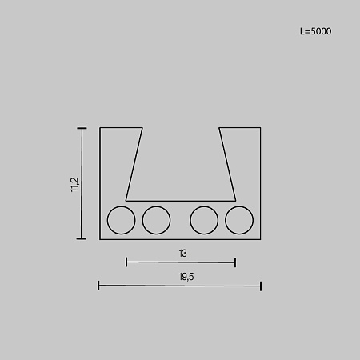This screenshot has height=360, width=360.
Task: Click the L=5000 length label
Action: pyautogui.click(x=315, y=31)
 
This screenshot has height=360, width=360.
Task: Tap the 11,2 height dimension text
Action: pyautogui.click(x=74, y=185)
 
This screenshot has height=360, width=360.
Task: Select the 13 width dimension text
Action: pyautogui.click(x=183, y=254)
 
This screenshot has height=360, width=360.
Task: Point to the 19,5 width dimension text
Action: pyautogui.click(x=186, y=277)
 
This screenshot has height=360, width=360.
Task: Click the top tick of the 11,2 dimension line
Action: pyautogui.click(x=82, y=128)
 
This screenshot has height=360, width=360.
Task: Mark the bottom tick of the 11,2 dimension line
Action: pyautogui.click(x=82, y=238)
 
